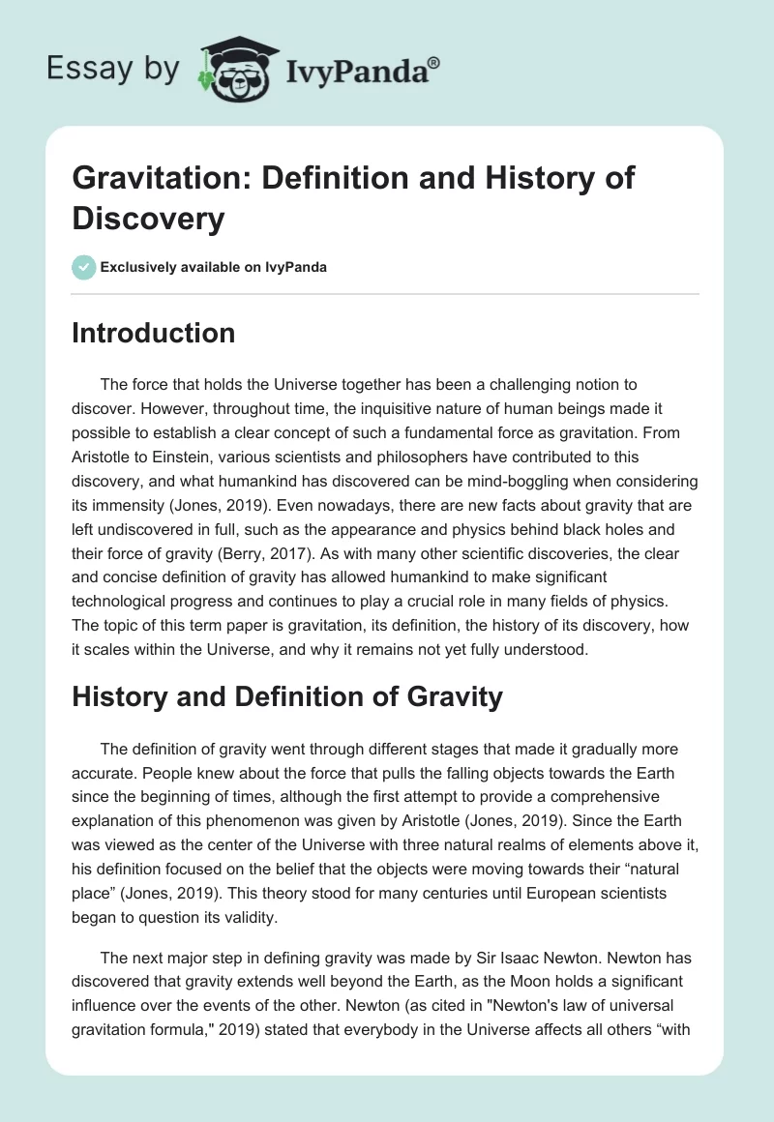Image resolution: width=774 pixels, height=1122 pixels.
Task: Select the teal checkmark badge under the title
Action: pos(83,267)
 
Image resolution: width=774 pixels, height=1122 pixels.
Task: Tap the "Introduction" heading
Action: pos(153,333)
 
